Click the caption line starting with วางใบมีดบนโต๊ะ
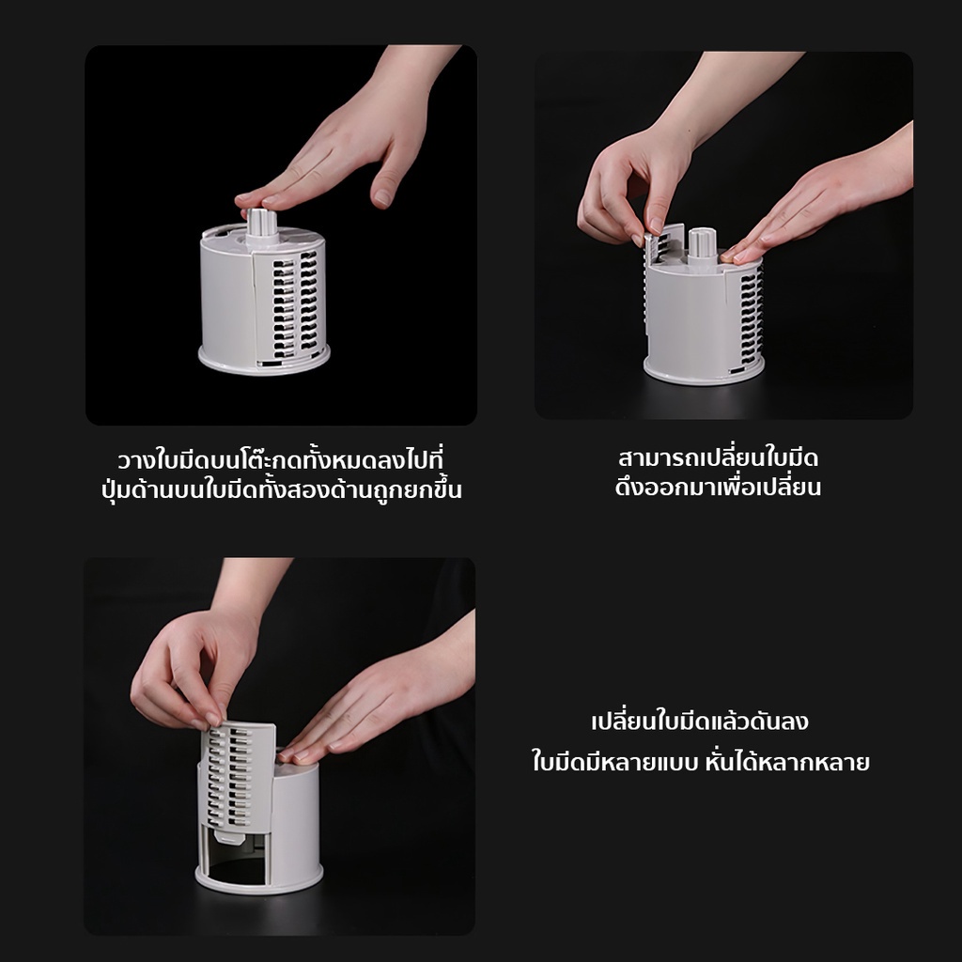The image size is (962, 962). click(280, 460)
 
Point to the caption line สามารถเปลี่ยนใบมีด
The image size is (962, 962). click(719, 458)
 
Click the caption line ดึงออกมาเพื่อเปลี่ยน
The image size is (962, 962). click(719, 488)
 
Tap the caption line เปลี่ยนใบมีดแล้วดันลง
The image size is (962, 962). click(700, 722)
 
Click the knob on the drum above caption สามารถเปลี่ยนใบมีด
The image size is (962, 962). click(702, 243)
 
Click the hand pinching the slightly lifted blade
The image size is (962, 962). click(629, 188)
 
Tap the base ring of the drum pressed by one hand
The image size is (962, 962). click(264, 361)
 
